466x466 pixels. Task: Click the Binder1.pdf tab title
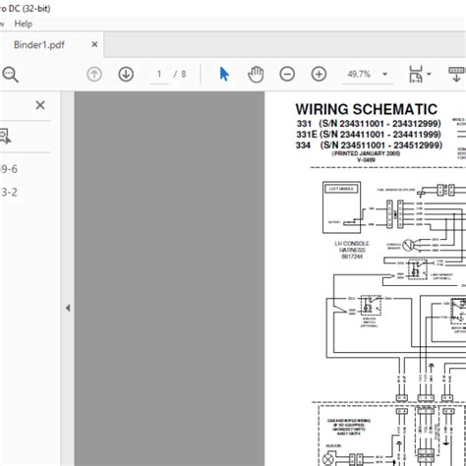pos(40,46)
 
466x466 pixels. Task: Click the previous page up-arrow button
pos(94,74)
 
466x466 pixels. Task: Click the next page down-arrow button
pos(126,74)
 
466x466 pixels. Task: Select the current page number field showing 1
pos(158,74)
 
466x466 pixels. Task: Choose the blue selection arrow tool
pos(223,74)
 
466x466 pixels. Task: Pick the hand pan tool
pos(256,74)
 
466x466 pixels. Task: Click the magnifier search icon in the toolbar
pos(11,74)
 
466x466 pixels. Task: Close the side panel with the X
pos(40,105)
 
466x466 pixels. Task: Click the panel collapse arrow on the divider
pos(68,308)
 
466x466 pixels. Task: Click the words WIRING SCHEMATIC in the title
pos(367,109)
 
